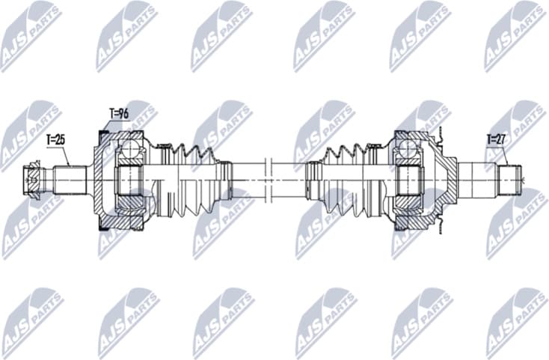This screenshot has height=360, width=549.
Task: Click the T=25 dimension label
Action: [x=56, y=139]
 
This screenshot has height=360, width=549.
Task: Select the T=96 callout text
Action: [x=119, y=114]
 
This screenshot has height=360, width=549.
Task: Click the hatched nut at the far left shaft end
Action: [x=31, y=180]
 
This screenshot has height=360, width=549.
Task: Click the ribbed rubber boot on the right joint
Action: [x=348, y=180]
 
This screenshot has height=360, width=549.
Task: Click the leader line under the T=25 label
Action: [x=66, y=156]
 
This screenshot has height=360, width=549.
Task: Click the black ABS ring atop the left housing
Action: [x=104, y=134]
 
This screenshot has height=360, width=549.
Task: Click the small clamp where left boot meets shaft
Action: [x=224, y=180]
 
